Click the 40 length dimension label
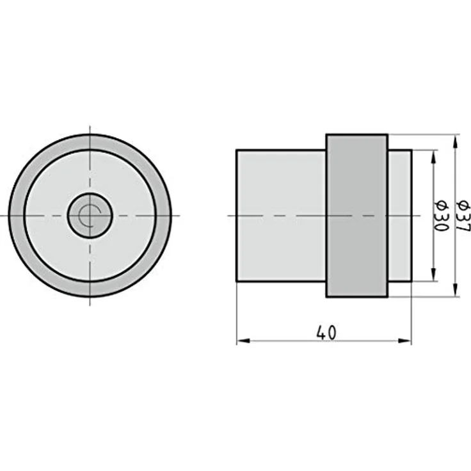pos(326,333)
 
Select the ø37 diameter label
pos(463,216)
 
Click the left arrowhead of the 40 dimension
pos(243,341)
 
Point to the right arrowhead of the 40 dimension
pos(404,341)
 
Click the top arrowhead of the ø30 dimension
pos(433,157)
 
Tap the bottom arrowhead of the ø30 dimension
pos(433,275)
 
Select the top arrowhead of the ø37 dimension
pos(456,141)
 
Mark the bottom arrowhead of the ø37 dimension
pos(456,290)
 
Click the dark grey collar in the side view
pos(357,216)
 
